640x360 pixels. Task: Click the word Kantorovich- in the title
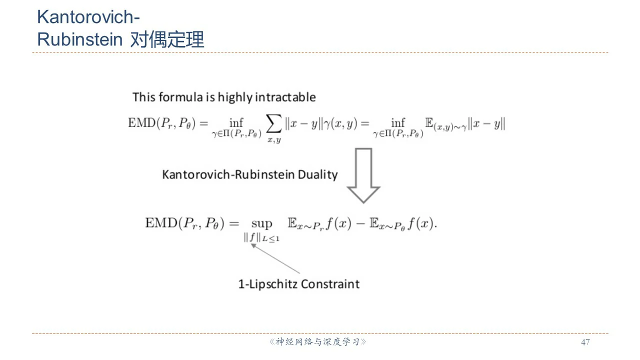point(88,17)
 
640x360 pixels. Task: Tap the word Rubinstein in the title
point(79,39)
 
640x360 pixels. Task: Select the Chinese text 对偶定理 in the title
point(167,39)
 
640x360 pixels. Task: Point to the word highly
point(235,97)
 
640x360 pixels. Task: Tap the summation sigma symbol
point(273,123)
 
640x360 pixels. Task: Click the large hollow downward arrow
point(363,175)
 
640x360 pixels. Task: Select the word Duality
point(317,174)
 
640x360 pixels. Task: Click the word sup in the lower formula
point(261,223)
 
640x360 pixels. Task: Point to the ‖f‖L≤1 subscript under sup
point(261,237)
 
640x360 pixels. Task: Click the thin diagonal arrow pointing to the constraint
point(275,258)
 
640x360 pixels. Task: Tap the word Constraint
point(330,284)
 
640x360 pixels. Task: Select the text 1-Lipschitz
point(268,284)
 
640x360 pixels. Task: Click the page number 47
point(585,342)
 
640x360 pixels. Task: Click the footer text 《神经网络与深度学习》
point(317,341)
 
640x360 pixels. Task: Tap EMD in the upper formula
point(141,123)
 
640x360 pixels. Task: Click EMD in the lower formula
point(161,223)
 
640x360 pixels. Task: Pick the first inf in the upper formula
point(236,123)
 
